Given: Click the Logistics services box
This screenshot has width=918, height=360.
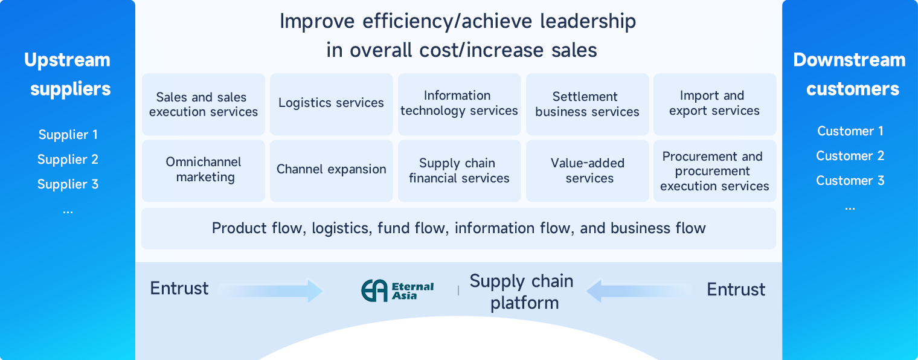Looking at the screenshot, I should point(331,104).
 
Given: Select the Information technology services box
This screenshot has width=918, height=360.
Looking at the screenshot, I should point(459,104).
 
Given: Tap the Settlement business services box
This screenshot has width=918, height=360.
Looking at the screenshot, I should point(587,104).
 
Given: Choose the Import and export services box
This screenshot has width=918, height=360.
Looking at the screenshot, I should point(714,104).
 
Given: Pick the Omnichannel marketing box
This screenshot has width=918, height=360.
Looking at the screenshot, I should point(204,170).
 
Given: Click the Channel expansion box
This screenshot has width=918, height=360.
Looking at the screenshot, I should point(331,170).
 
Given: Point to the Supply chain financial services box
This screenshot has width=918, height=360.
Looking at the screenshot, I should point(459,170).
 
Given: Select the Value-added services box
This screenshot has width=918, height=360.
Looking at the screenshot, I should point(587,170).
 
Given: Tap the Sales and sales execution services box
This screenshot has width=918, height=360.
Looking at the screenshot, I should point(204,104).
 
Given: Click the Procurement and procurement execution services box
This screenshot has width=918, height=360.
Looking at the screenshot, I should point(714,170).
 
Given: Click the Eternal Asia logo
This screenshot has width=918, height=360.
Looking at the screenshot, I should point(397,291).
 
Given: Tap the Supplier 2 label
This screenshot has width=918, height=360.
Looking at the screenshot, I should point(68,159).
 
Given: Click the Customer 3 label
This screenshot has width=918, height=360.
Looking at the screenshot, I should point(850,181).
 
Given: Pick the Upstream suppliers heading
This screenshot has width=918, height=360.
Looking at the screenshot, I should point(68,74).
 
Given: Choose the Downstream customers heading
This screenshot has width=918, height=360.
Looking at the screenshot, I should point(850,74).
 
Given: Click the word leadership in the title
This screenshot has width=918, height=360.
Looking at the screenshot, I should point(588,22).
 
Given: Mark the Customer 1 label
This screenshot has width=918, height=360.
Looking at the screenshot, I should point(850,131).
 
